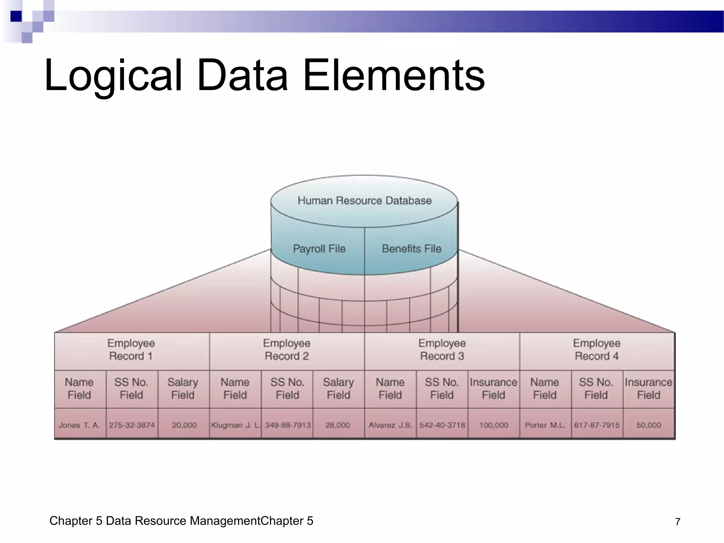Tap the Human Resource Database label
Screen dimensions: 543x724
364,201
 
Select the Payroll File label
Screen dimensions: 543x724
319,249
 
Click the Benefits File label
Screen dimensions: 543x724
411,249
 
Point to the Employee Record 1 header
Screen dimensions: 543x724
131,350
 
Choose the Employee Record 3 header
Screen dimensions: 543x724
442,350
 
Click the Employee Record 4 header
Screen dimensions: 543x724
597,350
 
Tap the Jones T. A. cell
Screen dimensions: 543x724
80,425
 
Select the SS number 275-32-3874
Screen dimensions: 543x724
132,425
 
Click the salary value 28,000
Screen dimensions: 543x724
338,425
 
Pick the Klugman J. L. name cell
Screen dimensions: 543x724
235,425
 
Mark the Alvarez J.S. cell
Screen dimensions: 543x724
390,425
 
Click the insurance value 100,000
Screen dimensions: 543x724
494,425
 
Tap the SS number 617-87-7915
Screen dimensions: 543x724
597,425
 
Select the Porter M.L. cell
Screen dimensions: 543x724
545,425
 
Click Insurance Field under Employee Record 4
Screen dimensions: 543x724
648,389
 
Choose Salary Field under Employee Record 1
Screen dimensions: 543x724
183,389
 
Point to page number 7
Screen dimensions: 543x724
678,522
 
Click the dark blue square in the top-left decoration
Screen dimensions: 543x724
16,16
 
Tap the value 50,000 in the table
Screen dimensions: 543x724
649,425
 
